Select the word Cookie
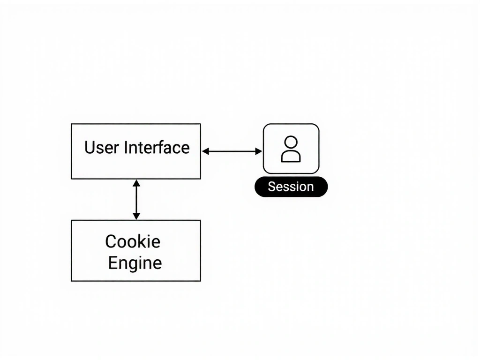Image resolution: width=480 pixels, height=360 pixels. tap(133, 241)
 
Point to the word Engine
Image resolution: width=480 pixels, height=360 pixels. tap(135, 262)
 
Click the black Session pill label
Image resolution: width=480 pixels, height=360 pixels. tap(291, 187)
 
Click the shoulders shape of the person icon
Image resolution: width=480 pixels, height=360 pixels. tap(291, 156)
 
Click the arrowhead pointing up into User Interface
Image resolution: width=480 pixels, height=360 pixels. tap(136, 183)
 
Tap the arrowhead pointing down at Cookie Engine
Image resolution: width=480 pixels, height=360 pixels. tap(136, 216)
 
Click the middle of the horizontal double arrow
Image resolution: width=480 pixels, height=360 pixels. tap(232, 151)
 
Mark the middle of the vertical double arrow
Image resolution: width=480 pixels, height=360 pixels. tap(136, 199)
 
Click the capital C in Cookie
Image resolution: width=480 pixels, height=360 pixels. tap(111, 241)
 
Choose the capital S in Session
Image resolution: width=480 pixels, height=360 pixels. tap(271, 187)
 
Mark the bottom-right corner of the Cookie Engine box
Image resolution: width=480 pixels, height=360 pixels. tap(200, 281)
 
